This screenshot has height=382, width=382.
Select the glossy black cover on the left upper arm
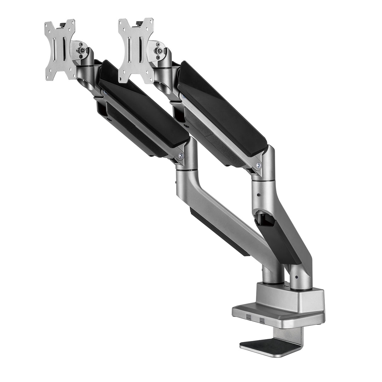pos(141,110)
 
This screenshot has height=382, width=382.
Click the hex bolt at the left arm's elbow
pos(181,155)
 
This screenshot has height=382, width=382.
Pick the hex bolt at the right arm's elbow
pos(259,165)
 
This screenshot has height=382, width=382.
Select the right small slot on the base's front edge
pos(262,320)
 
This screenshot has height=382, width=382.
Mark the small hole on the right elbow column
pos(259,195)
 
